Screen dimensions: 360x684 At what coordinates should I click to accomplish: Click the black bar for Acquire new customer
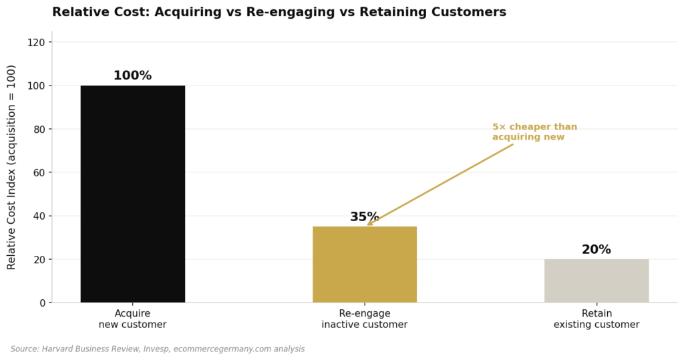pos(132,194)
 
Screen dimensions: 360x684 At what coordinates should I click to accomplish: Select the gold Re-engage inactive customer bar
pos(364,264)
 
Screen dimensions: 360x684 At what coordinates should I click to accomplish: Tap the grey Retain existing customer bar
pos(596,281)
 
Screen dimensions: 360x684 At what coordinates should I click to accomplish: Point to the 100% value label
pos(132,76)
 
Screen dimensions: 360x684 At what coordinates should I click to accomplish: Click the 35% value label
pos(364,217)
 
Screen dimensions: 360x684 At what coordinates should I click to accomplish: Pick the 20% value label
pos(596,250)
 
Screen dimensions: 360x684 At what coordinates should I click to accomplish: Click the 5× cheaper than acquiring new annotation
pos(534,132)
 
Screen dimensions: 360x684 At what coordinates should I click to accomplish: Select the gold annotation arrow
pos(441,184)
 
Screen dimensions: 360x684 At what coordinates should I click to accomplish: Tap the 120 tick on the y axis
pos(37,42)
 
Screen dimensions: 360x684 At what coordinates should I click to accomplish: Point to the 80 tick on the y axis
pos(39,129)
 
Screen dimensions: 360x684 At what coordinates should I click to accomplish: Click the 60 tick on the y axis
pos(39,172)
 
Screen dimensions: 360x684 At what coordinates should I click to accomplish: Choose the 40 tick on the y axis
pos(39,216)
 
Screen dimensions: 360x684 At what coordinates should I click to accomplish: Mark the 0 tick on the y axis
pos(42,303)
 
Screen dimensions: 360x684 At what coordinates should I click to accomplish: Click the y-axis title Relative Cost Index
pos(12,167)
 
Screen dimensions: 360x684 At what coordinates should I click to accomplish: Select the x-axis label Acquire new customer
pos(132,319)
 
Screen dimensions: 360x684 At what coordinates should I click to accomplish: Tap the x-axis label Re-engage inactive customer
pos(364,319)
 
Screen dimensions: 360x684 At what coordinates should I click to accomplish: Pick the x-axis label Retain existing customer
pos(596,319)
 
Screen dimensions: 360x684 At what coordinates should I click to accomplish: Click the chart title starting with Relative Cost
pos(279,12)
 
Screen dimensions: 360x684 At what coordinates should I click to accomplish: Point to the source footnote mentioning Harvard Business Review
pos(158,349)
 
